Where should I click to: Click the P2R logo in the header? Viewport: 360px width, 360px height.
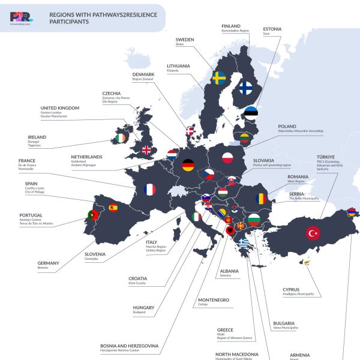[x=21, y=19]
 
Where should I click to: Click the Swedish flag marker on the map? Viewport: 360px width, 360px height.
[x=218, y=78]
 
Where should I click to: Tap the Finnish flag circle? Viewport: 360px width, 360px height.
[x=245, y=88]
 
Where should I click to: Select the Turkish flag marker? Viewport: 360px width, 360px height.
[x=313, y=233]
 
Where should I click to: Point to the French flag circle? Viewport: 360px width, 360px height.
[x=149, y=190]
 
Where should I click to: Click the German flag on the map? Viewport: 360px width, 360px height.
[x=188, y=164]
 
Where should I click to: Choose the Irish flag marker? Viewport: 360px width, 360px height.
[x=122, y=139]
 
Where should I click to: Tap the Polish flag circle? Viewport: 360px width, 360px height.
[x=227, y=158]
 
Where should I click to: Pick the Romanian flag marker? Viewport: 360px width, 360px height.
[x=260, y=197]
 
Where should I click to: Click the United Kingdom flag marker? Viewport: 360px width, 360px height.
[x=146, y=150]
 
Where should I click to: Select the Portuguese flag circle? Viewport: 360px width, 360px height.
[x=93, y=214]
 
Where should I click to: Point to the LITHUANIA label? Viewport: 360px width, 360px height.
[x=179, y=65]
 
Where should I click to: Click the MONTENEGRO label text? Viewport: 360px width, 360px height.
[x=214, y=299]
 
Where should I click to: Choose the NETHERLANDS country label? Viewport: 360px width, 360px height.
[x=86, y=157]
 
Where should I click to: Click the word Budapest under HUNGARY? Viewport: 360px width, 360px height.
[x=139, y=313]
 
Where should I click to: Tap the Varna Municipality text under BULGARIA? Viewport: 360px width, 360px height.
[x=286, y=328]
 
